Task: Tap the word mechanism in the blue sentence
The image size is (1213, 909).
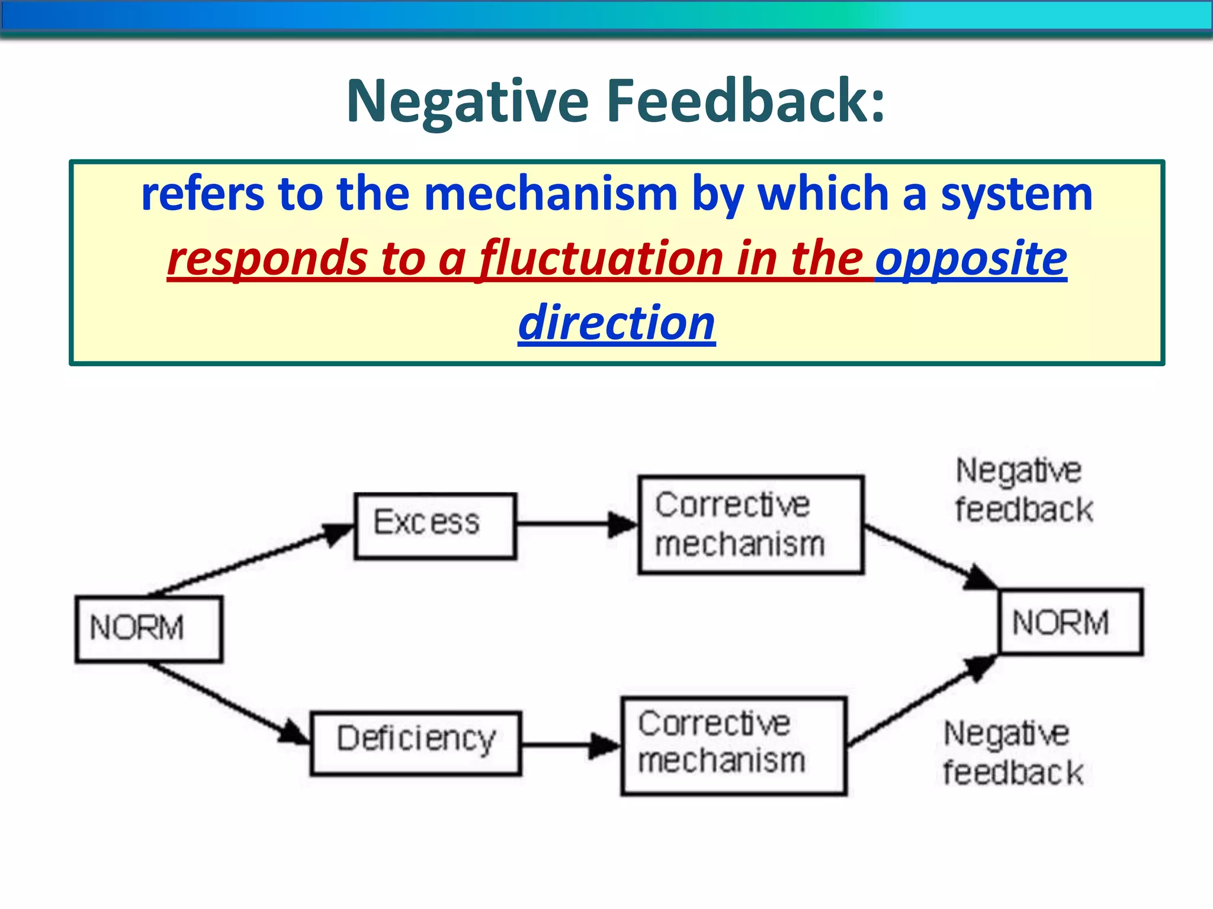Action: [x=551, y=195]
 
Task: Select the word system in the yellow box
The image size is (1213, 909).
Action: [x=1016, y=195]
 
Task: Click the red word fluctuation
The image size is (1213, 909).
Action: [x=601, y=259]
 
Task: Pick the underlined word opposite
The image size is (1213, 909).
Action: [x=971, y=259]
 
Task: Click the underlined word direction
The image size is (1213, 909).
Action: [x=617, y=323]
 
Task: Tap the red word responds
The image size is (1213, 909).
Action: [x=267, y=259]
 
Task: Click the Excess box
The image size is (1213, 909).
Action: [x=435, y=526]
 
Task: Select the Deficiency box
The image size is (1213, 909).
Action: [x=416, y=743]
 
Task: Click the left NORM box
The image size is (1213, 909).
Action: [x=149, y=628]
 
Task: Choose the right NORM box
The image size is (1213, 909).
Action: [x=1071, y=622]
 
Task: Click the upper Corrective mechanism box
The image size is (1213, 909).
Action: [x=750, y=524]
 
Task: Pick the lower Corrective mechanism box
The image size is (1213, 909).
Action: [x=733, y=746]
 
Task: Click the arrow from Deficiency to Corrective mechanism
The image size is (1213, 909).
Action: [x=569, y=745]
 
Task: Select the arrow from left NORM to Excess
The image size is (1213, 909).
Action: [x=249, y=559]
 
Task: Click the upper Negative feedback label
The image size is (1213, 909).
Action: [x=1023, y=490]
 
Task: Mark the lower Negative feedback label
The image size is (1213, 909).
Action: [x=1012, y=753]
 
